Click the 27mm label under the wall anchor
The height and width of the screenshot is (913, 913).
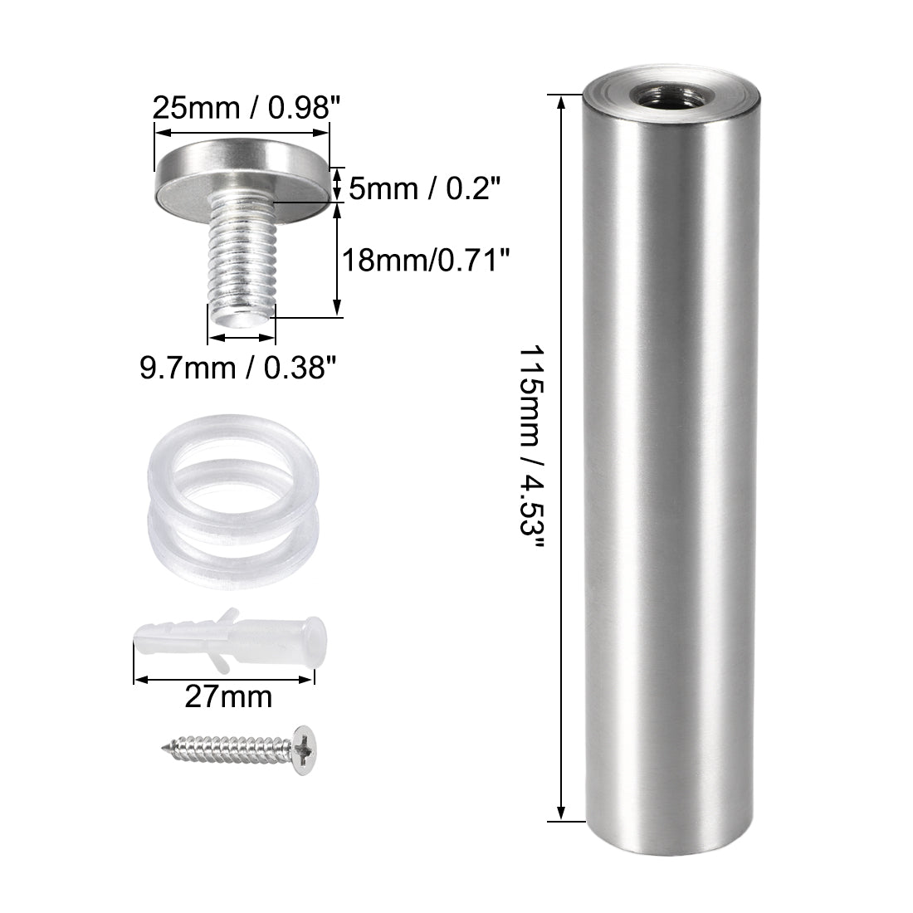tap(227, 696)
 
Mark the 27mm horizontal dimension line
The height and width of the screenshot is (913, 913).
tap(224, 679)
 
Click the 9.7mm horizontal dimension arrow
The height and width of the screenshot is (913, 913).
tap(241, 338)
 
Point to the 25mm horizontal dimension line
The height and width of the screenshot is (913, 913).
tap(242, 126)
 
